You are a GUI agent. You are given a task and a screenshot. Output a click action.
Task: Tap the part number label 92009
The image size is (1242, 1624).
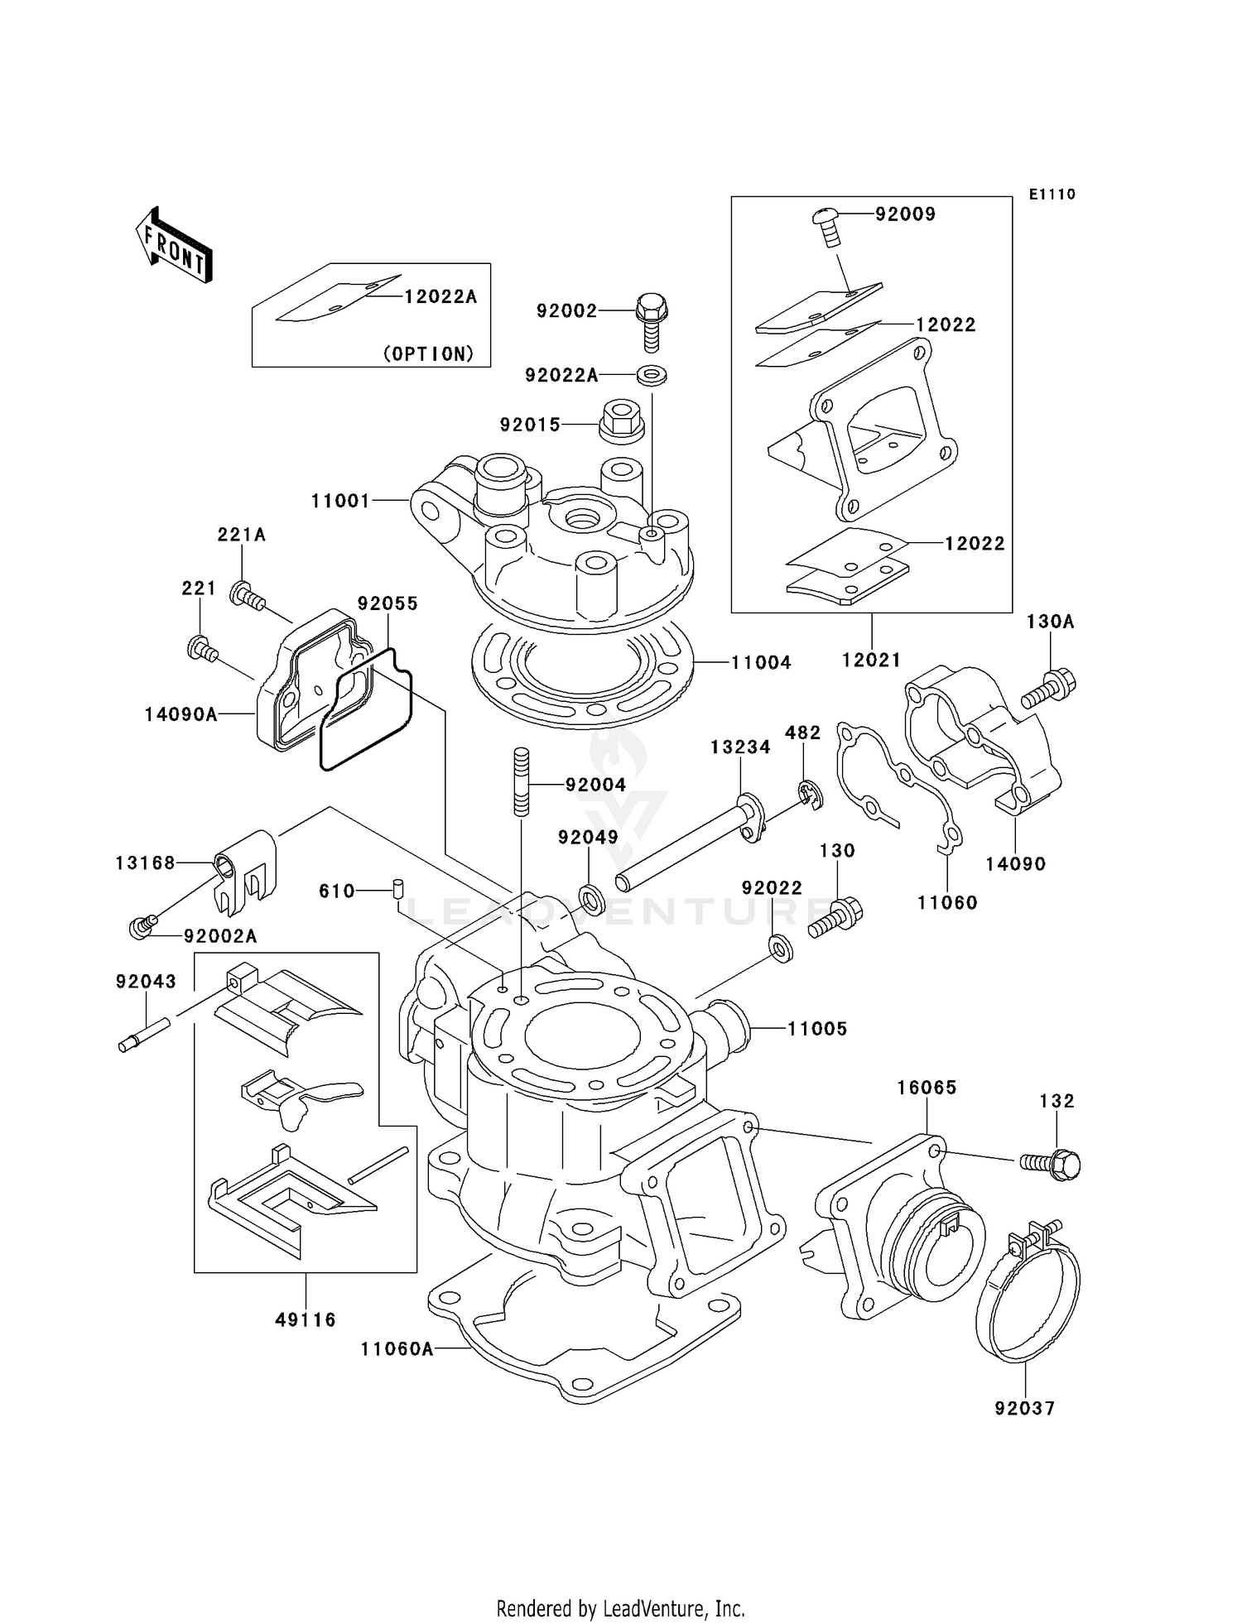click(905, 214)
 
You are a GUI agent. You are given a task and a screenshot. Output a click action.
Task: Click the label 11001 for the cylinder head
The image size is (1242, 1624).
click(340, 501)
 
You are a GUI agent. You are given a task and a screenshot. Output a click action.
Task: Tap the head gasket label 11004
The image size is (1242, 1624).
click(761, 662)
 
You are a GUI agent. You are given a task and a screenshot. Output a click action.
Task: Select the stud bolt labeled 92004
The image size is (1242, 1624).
click(521, 781)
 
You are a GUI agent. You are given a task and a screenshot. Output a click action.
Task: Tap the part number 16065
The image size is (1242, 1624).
click(927, 1088)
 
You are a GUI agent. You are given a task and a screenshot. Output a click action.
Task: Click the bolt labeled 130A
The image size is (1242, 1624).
click(1049, 689)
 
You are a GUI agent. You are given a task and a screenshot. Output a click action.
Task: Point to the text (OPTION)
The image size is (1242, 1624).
click(428, 353)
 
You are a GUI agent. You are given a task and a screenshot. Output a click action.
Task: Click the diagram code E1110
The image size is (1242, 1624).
click(1052, 195)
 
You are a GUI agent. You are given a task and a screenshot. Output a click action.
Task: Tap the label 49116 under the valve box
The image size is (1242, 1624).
click(306, 1319)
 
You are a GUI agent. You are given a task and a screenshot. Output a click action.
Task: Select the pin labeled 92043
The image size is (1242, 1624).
click(143, 1034)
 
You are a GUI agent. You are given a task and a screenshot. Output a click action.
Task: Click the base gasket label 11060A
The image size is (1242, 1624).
click(397, 1349)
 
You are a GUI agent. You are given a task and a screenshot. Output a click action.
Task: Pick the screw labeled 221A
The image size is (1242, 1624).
click(248, 596)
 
